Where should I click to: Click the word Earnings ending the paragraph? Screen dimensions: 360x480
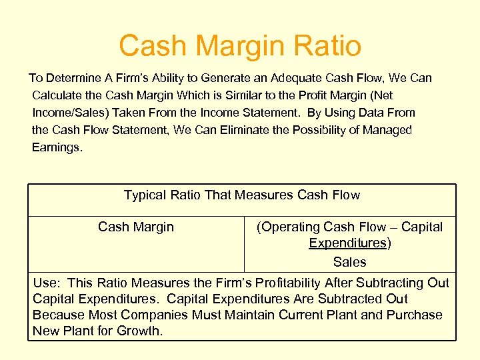57,147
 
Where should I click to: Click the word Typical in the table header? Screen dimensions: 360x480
145,195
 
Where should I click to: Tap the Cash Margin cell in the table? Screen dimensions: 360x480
135,227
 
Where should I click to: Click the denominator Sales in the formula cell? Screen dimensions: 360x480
349,262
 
